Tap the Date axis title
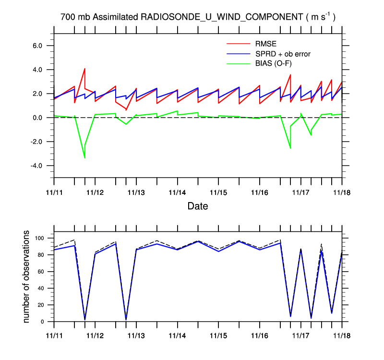(198, 206)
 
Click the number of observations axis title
(27, 277)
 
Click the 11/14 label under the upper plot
(178, 192)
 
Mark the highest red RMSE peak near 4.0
(84, 69)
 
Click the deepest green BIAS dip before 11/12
(84, 157)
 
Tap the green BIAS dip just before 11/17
(290, 148)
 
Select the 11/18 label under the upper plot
(342, 192)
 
